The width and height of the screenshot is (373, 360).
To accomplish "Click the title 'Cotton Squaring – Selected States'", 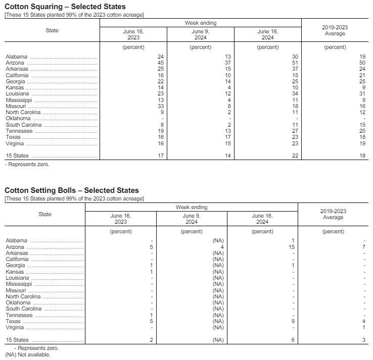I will [65, 7].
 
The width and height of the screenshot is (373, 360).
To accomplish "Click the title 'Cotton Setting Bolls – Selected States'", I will [71, 190].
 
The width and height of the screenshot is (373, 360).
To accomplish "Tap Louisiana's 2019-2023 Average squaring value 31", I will [362, 94].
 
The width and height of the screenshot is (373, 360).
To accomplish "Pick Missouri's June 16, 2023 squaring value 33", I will [161, 106].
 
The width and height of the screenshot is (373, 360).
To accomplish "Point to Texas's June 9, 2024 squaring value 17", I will [228, 137].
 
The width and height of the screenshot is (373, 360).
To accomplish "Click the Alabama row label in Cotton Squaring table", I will [17, 57].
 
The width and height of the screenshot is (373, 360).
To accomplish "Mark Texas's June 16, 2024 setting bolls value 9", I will [293, 321].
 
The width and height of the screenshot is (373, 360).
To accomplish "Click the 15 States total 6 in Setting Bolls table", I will [293, 340].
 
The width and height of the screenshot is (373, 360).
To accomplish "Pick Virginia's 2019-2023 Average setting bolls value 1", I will [363, 327].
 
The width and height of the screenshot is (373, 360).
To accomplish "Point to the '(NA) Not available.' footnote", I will [28, 354].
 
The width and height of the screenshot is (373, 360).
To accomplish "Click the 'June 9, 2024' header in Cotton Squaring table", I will [200, 34].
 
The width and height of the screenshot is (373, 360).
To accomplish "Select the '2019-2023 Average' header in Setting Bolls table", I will [333, 214].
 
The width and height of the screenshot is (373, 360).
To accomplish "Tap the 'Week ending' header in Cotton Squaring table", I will [200, 23].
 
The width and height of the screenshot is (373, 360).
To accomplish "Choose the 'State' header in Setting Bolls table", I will [45, 214].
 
